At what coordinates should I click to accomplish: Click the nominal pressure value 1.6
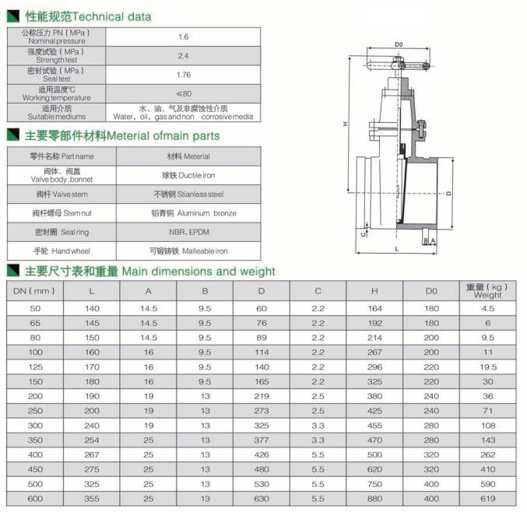click(x=184, y=37)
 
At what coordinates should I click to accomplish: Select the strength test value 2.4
click(x=184, y=56)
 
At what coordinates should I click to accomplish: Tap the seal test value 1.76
click(x=184, y=75)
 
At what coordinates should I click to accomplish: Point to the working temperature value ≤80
click(x=184, y=93)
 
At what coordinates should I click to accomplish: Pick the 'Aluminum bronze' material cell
click(x=194, y=212)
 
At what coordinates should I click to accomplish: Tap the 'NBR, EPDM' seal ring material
click(x=189, y=232)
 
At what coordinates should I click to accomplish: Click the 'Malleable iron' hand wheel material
click(x=188, y=251)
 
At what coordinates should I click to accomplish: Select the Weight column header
click(x=488, y=291)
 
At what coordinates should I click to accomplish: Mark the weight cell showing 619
click(x=488, y=499)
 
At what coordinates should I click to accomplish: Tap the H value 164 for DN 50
click(x=374, y=308)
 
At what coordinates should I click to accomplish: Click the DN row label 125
click(x=35, y=366)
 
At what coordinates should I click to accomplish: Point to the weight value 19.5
click(x=488, y=366)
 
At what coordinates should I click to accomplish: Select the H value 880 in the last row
click(x=374, y=499)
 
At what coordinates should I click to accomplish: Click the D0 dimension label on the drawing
click(x=398, y=44)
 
